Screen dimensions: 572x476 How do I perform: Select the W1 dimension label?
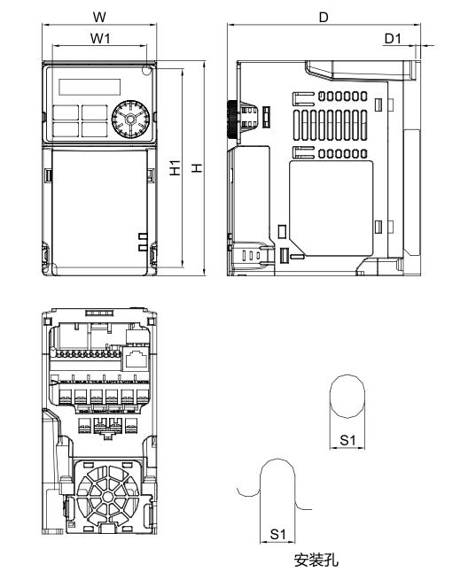tap(99, 37)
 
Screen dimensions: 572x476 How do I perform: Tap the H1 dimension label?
tap(176, 166)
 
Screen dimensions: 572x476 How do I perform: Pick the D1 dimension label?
tap(393, 37)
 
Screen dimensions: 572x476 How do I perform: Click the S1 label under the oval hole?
tap(347, 439)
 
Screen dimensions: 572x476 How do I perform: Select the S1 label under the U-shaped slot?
tap(277, 533)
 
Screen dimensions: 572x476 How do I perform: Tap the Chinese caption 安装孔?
tap(316, 560)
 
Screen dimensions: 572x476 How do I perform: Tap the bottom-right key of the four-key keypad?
tap(92, 128)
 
